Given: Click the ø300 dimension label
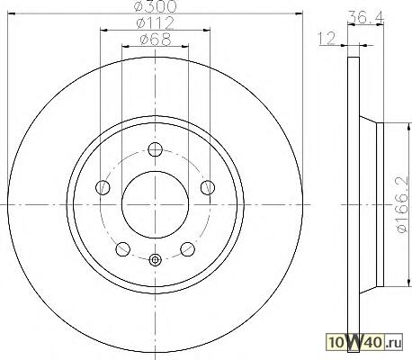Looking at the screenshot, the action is tap(156, 5).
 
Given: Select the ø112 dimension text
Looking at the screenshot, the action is tap(155, 22).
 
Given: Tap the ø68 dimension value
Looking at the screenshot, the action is tap(156, 40).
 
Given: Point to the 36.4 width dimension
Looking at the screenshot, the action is tap(365, 19).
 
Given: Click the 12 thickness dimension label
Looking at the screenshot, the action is tap(327, 39).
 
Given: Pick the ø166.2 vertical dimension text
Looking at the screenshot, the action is tap(402, 204).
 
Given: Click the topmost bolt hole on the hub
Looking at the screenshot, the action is tap(156, 149).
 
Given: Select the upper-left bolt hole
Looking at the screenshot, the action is tap(103, 187).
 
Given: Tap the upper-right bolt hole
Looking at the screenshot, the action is tap(208, 187).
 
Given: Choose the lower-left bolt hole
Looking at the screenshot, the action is tap(122, 249).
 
